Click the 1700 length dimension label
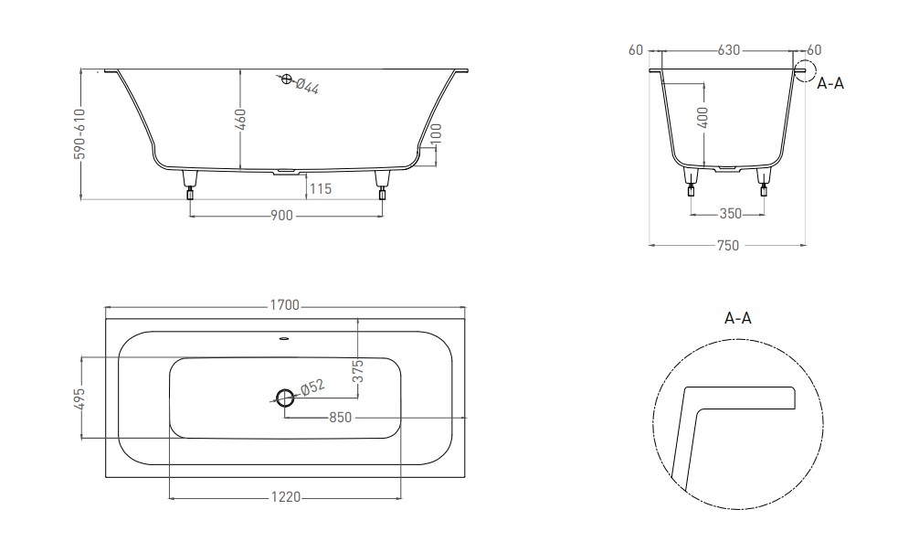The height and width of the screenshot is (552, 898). (285, 305)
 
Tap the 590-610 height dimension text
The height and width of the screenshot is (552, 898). (79, 134)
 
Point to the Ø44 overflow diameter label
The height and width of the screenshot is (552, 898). (307, 85)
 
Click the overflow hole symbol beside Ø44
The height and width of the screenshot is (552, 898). (287, 79)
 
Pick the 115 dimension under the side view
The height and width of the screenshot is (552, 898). (320, 188)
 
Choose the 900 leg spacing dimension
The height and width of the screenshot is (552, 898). (281, 216)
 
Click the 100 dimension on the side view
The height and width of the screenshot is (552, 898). (436, 134)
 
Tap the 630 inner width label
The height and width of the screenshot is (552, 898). (729, 50)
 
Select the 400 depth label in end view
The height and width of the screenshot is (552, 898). (703, 118)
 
